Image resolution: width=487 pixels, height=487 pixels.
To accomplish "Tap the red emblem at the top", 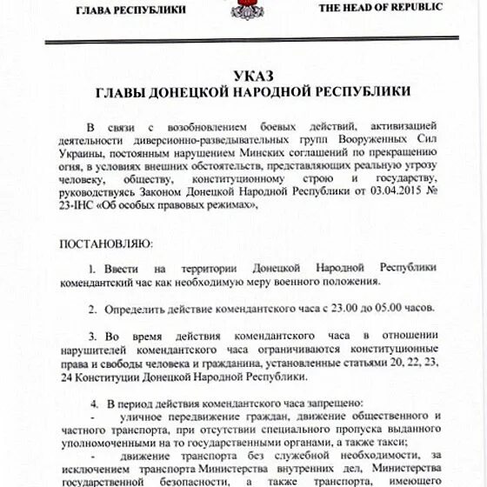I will click(242, 9).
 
